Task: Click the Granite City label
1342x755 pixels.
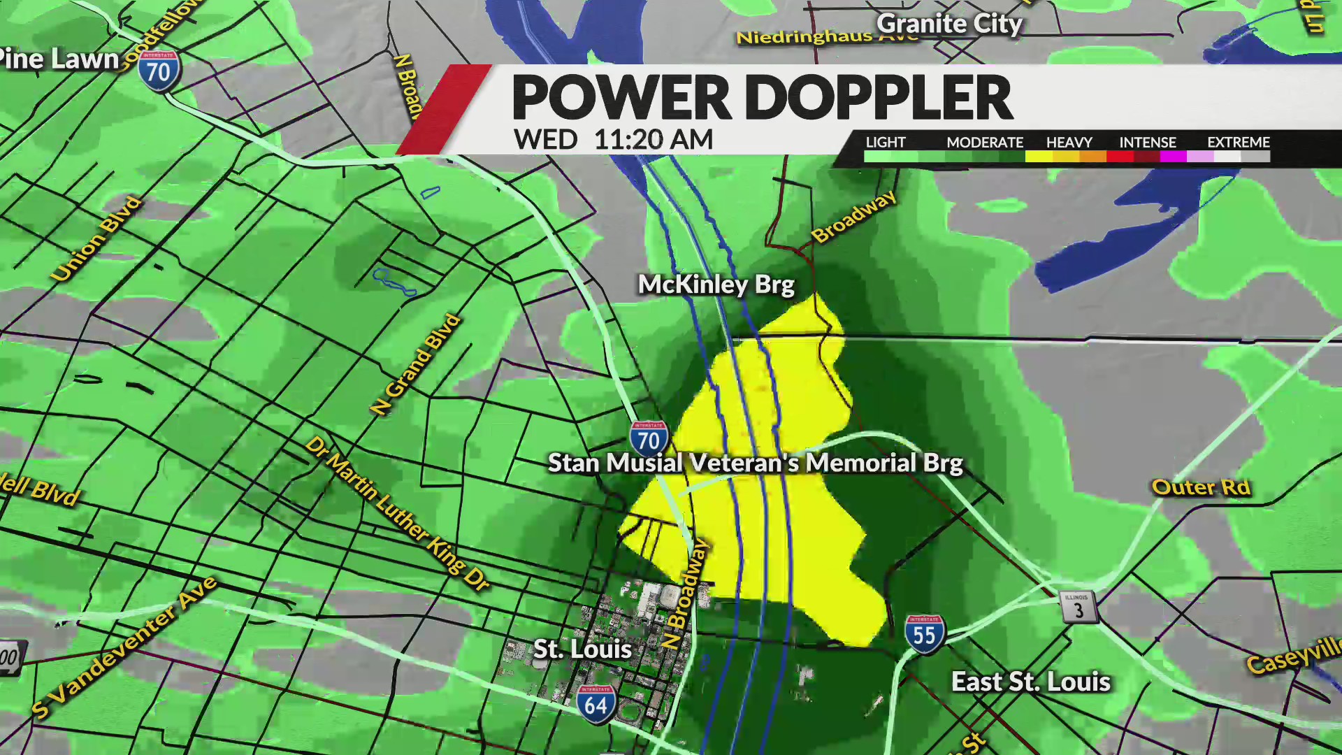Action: point(949,24)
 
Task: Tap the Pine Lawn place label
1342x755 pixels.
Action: point(59,59)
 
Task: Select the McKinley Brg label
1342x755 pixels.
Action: point(716,285)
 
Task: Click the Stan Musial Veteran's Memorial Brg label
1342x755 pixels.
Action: point(755,463)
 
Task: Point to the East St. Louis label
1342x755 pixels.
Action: point(1030,682)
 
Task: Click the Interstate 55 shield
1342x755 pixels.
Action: point(924,634)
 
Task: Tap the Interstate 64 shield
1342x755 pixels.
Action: point(596,704)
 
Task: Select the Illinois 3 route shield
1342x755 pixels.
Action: point(1078,607)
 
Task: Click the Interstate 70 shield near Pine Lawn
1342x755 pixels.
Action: point(159,70)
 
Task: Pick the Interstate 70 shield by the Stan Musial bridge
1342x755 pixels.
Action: point(649,439)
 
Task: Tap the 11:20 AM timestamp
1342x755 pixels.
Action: point(653,140)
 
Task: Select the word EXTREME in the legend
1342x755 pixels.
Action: point(1238,142)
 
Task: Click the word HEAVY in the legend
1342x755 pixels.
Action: point(1069,142)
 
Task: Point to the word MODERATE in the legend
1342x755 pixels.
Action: point(984,142)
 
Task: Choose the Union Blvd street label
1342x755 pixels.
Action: point(96,239)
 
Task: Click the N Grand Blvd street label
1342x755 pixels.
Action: point(416,364)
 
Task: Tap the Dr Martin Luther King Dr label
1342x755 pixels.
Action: point(397,514)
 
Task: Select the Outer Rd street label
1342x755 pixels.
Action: point(1200,487)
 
